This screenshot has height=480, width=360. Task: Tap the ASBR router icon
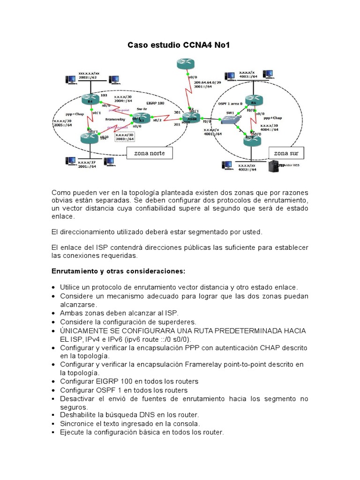(191, 118)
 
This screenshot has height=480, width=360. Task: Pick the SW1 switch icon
(230, 120)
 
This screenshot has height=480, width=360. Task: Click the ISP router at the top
(186, 64)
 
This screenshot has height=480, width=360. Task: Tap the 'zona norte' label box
(147, 153)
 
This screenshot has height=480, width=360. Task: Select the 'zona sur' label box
(286, 153)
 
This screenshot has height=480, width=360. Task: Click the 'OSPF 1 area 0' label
(230, 103)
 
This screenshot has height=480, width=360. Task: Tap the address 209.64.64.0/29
(206, 82)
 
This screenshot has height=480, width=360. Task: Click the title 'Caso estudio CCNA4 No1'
(179, 45)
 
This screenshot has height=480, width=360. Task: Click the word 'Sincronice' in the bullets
(77, 423)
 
